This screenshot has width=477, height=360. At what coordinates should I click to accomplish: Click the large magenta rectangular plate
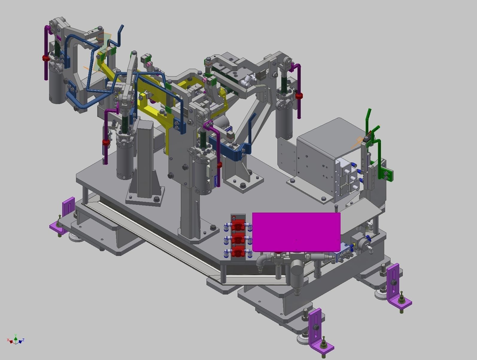pyautogui.click(x=296, y=232)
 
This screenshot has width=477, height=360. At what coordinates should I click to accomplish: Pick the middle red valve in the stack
pyautogui.click(x=238, y=239)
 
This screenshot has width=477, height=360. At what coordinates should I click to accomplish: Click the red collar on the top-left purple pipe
pyautogui.click(x=45, y=58)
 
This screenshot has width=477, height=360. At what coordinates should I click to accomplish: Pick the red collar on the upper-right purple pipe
pyautogui.click(x=298, y=96)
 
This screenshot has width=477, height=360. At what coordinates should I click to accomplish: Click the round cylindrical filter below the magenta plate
pyautogui.click(x=297, y=269)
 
